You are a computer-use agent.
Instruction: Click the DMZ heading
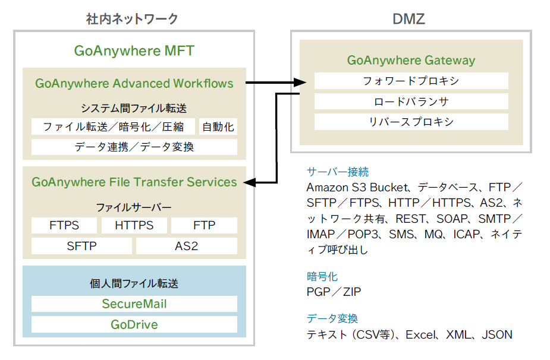[408, 19]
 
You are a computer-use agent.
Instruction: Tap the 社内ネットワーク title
[132, 19]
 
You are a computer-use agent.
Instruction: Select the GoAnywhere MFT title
[134, 50]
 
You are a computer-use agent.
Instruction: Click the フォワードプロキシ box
[411, 81]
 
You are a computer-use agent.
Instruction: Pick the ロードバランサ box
[411, 102]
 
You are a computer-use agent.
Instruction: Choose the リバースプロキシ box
[411, 122]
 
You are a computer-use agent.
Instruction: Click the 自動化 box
[218, 127]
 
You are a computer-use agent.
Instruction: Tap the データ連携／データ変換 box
[134, 147]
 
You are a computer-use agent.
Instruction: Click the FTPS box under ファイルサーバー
[64, 225]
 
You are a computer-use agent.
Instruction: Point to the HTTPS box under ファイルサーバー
[134, 225]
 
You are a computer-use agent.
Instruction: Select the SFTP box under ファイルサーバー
[81, 245]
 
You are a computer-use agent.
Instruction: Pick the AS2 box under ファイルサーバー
[187, 245]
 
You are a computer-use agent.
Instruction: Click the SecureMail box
[134, 304]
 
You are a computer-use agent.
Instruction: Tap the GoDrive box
[134, 324]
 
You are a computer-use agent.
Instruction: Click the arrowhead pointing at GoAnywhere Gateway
[300, 83]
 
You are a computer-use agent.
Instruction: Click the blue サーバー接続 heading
[337, 172]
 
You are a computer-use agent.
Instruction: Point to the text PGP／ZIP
[334, 292]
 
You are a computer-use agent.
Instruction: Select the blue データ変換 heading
[332, 318]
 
